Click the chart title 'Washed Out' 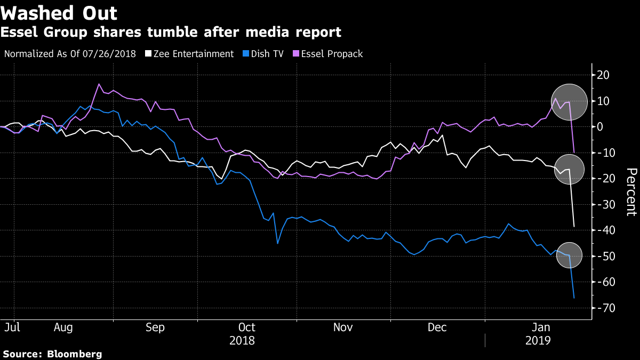pyautogui.click(x=59, y=12)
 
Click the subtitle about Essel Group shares pyautogui.click(x=171, y=33)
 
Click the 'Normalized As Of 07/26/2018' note pyautogui.click(x=70, y=54)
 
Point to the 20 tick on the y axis pyautogui.click(x=603, y=75)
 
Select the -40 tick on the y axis pyautogui.click(x=603, y=230)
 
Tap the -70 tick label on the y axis pyautogui.click(x=603, y=308)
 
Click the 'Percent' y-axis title pyautogui.click(x=631, y=192)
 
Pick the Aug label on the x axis pyautogui.click(x=63, y=327)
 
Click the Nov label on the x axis pyautogui.click(x=343, y=327)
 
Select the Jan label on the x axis pyautogui.click(x=542, y=327)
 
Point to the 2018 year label pyautogui.click(x=242, y=340)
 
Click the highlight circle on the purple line pyautogui.click(x=569, y=101)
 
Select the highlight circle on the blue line pyautogui.click(x=569, y=255)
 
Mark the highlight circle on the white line pyautogui.click(x=569, y=170)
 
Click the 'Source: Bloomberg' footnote pyautogui.click(x=52, y=354)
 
